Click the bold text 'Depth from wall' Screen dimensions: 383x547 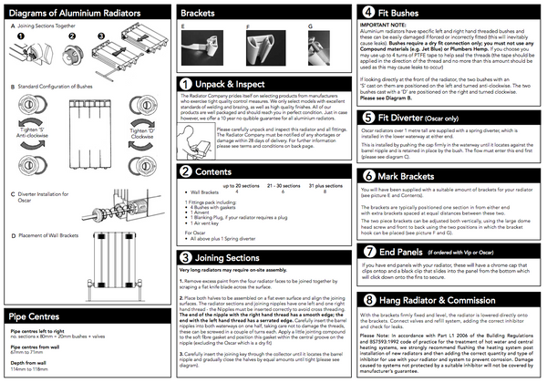click(29, 363)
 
